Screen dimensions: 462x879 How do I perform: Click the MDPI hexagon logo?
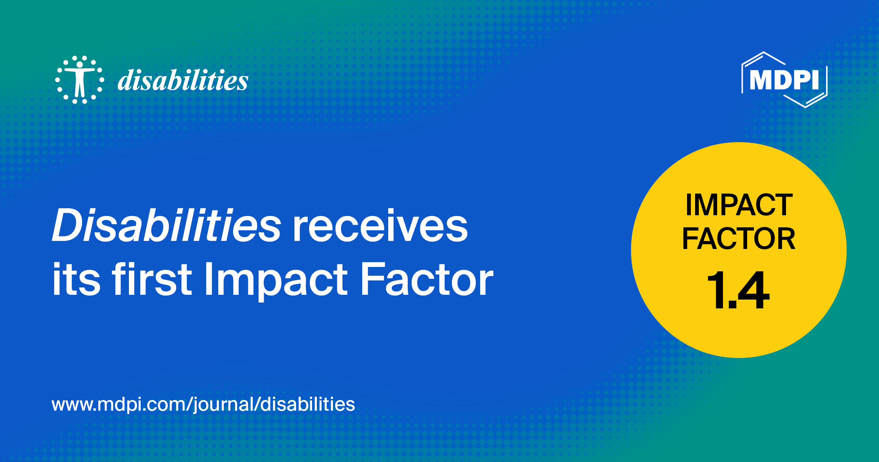(785, 80)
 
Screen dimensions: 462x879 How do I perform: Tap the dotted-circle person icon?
(79, 80)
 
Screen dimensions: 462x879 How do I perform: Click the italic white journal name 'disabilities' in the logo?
(183, 80)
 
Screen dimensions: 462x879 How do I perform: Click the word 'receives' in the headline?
(380, 226)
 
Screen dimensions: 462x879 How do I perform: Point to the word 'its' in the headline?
(76, 279)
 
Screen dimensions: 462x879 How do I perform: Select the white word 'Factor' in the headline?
(427, 279)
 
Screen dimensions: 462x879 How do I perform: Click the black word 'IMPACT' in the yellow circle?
(739, 205)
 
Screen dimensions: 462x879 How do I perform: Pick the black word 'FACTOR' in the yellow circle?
(739, 239)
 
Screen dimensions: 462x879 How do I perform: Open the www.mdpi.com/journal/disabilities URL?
(203, 404)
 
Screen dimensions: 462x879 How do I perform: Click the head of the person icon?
(79, 65)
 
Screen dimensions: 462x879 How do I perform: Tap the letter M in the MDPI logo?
(760, 80)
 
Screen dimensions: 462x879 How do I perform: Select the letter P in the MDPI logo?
(801, 80)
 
